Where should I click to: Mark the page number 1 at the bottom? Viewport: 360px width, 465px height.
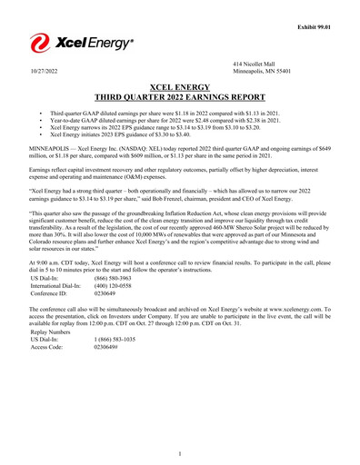[x=180, y=453]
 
